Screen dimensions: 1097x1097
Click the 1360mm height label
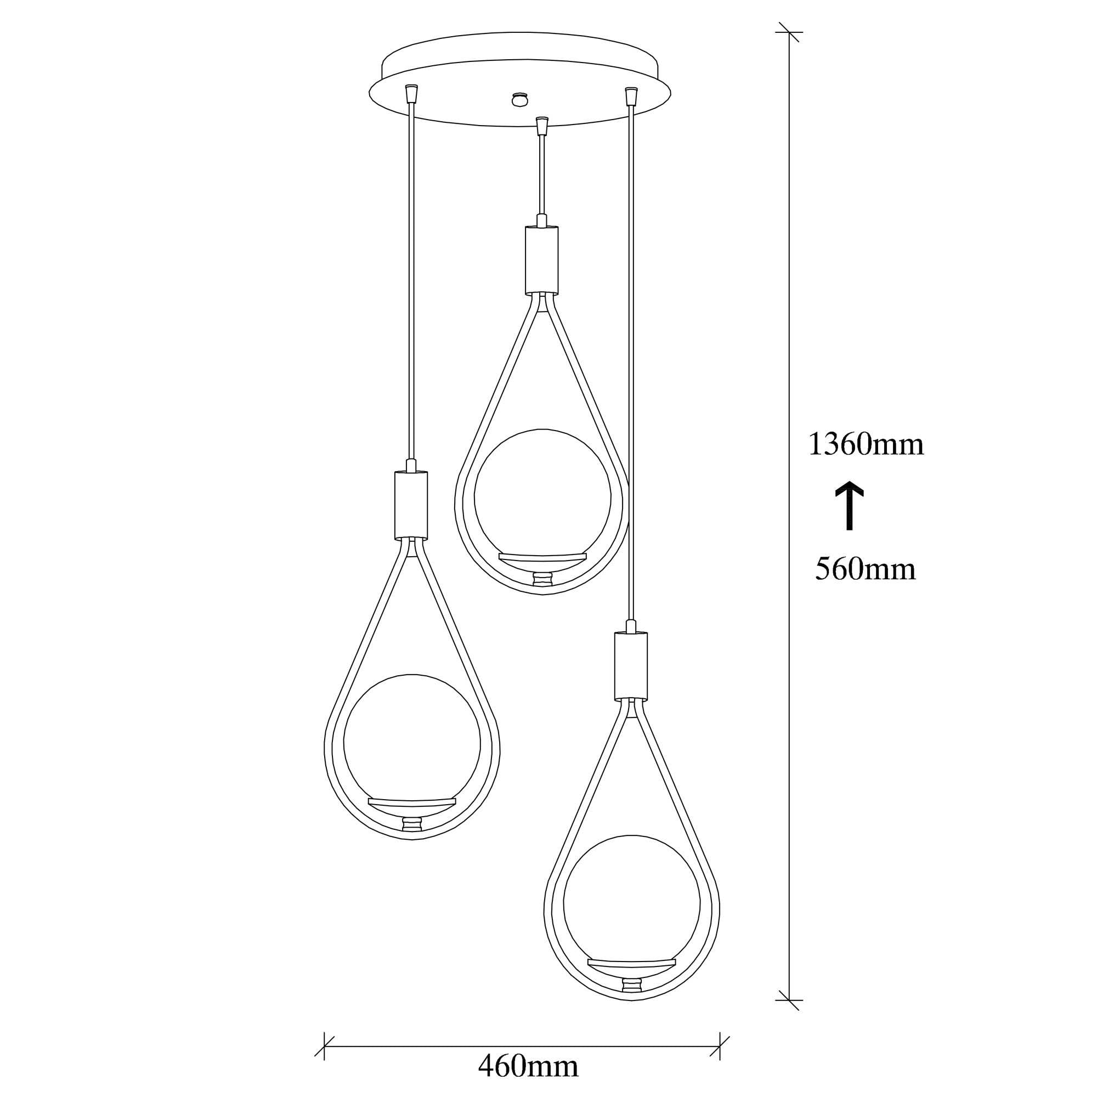point(866,445)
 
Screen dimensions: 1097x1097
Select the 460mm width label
point(528,1067)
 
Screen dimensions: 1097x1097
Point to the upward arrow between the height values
point(849,506)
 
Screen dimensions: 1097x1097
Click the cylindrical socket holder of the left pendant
point(411,505)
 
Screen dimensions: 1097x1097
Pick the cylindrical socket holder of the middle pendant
point(542,260)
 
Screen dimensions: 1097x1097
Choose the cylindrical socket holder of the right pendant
point(631,665)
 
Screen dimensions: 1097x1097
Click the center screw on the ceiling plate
point(518,99)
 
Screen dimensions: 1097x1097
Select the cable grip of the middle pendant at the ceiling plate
point(542,125)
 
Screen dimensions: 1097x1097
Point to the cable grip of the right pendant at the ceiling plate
point(630,95)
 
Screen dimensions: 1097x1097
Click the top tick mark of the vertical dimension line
point(789,32)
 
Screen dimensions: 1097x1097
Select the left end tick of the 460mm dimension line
point(324,1047)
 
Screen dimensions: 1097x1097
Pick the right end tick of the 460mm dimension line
point(720,1047)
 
